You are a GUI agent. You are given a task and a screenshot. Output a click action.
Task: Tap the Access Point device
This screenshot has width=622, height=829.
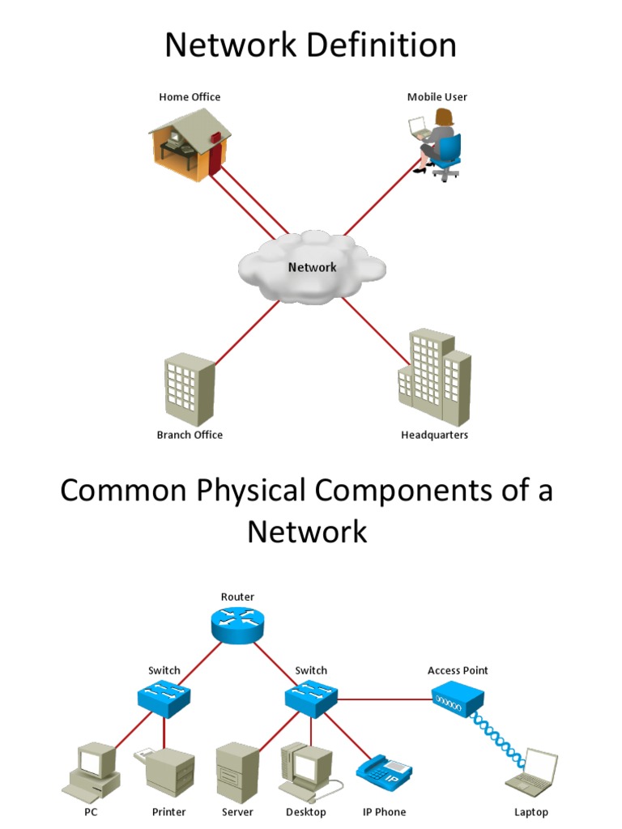pos(458,699)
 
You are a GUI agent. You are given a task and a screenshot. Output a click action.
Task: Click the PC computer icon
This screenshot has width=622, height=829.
pos(92,772)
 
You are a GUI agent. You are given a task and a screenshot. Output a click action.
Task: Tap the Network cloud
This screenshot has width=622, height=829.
pos(311,266)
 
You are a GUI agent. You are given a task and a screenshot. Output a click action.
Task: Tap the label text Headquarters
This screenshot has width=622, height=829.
pos(434,435)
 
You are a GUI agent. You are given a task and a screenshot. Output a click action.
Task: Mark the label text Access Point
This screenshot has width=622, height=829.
pos(458,670)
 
